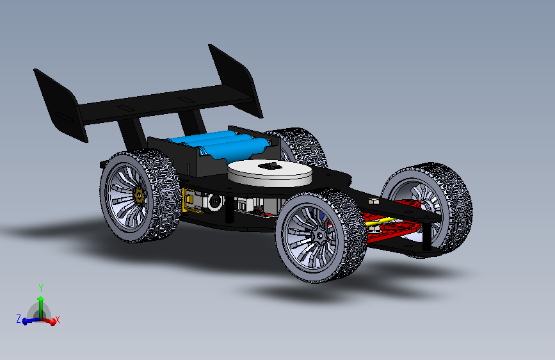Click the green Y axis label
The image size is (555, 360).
(41, 288)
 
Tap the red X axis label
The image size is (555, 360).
(58, 320)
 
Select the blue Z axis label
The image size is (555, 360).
(19, 318)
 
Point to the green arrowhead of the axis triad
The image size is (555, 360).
(41, 299)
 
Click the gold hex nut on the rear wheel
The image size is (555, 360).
(140, 195)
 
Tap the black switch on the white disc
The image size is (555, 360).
(269, 165)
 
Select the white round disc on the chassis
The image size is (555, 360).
(269, 172)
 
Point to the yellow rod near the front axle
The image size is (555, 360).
(378, 222)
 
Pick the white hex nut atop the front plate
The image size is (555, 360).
(373, 201)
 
